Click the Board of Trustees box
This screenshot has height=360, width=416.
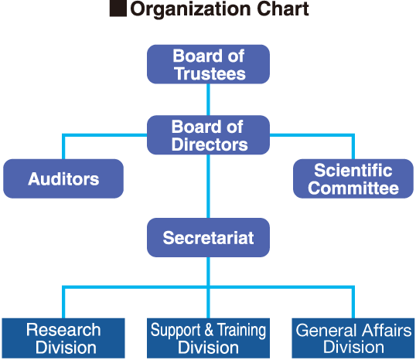click(208, 64)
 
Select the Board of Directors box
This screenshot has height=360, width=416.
click(208, 135)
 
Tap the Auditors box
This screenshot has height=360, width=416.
click(63, 178)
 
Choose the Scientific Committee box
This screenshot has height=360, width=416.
click(353, 178)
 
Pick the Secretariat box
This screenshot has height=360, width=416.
click(208, 237)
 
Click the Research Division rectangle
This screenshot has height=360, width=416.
click(63, 338)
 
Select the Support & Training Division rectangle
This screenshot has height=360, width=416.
click(208, 338)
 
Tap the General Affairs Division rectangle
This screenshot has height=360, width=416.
click(353, 338)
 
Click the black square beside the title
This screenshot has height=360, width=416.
click(118, 8)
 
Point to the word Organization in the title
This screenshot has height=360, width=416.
click(190, 9)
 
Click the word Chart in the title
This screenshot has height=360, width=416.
click(283, 8)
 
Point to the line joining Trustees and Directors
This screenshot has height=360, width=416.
click(208, 100)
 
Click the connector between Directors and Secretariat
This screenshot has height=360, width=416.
click(208, 186)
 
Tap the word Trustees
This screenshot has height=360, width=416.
click(210, 73)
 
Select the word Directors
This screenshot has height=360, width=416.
click(210, 144)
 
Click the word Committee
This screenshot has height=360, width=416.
click(353, 188)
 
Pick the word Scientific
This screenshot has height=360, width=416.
click(353, 170)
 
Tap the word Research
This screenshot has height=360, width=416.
click(63, 330)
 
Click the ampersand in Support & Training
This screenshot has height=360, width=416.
click(209, 330)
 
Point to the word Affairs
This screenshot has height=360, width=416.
click(387, 330)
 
